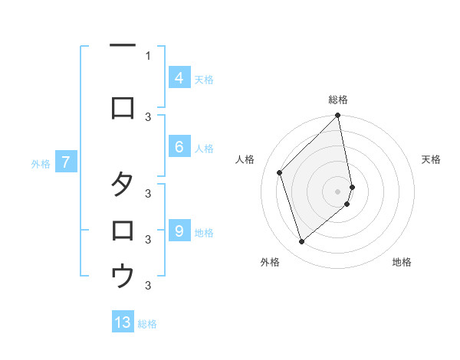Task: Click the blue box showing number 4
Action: click(179, 78)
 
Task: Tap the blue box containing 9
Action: click(179, 231)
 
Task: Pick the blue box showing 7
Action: click(66, 162)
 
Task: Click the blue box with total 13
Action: click(123, 322)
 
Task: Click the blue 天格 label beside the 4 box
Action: click(204, 79)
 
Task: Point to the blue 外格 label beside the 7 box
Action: click(41, 163)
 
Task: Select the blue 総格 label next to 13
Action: click(147, 324)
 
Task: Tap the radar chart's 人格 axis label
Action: click(245, 159)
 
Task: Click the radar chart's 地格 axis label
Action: click(402, 262)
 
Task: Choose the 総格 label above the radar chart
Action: click(338, 100)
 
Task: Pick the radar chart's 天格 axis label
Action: click(431, 159)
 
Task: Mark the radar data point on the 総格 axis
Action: click(338, 116)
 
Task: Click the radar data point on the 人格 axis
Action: click(280, 172)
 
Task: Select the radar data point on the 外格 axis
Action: click(302, 242)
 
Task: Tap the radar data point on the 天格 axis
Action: click(352, 187)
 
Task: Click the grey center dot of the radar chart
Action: click(338, 191)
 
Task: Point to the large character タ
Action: click(123, 185)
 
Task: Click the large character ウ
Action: click(123, 274)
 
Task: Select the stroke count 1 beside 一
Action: click(148, 55)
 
